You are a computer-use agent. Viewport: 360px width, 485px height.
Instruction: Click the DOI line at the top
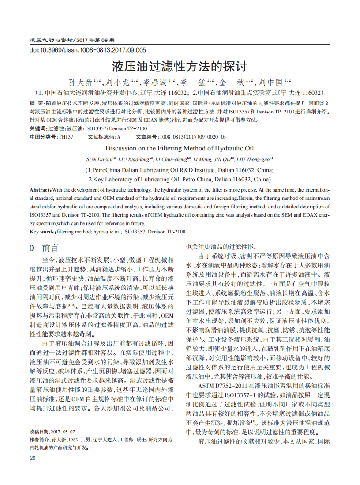coord(87,50)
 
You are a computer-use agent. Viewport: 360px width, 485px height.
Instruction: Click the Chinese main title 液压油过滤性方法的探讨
coord(180,67)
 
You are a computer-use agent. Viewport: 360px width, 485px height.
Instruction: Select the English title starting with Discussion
coord(180,148)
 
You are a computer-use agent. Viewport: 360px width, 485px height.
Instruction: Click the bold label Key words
coord(42,232)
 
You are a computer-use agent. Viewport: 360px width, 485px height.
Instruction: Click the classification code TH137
coord(66,137)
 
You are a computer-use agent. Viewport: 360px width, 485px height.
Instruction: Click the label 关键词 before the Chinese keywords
coord(38,128)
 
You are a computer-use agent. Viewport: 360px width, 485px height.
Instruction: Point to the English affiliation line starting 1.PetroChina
coord(180,170)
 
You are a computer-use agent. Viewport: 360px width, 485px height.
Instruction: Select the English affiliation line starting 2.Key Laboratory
coord(180,179)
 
